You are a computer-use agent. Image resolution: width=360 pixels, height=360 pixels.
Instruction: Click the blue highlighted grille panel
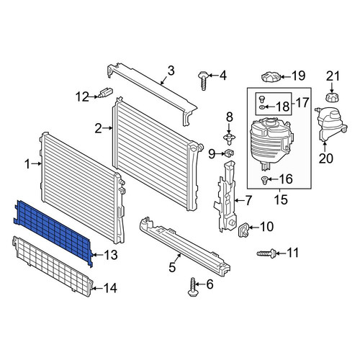pyautogui.click(x=53, y=232)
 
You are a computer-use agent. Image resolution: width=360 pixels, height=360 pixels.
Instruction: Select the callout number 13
pyautogui.click(x=110, y=255)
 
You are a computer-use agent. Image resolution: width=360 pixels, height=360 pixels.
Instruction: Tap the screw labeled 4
pyautogui.click(x=203, y=80)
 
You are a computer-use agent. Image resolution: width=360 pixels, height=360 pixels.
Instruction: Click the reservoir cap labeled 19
pyautogui.click(x=271, y=77)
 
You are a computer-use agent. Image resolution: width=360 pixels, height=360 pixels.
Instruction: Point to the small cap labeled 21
pyautogui.click(x=331, y=98)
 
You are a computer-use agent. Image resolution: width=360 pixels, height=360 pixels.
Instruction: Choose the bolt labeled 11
pyautogui.click(x=266, y=253)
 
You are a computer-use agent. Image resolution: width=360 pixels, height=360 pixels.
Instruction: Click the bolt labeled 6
pyautogui.click(x=192, y=287)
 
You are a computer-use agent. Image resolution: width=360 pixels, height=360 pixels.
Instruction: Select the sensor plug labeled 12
pyautogui.click(x=106, y=93)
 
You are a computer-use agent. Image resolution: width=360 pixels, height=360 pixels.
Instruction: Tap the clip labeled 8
pyautogui.click(x=229, y=139)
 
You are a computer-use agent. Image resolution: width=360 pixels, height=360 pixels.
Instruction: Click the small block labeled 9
pyautogui.click(x=230, y=153)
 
